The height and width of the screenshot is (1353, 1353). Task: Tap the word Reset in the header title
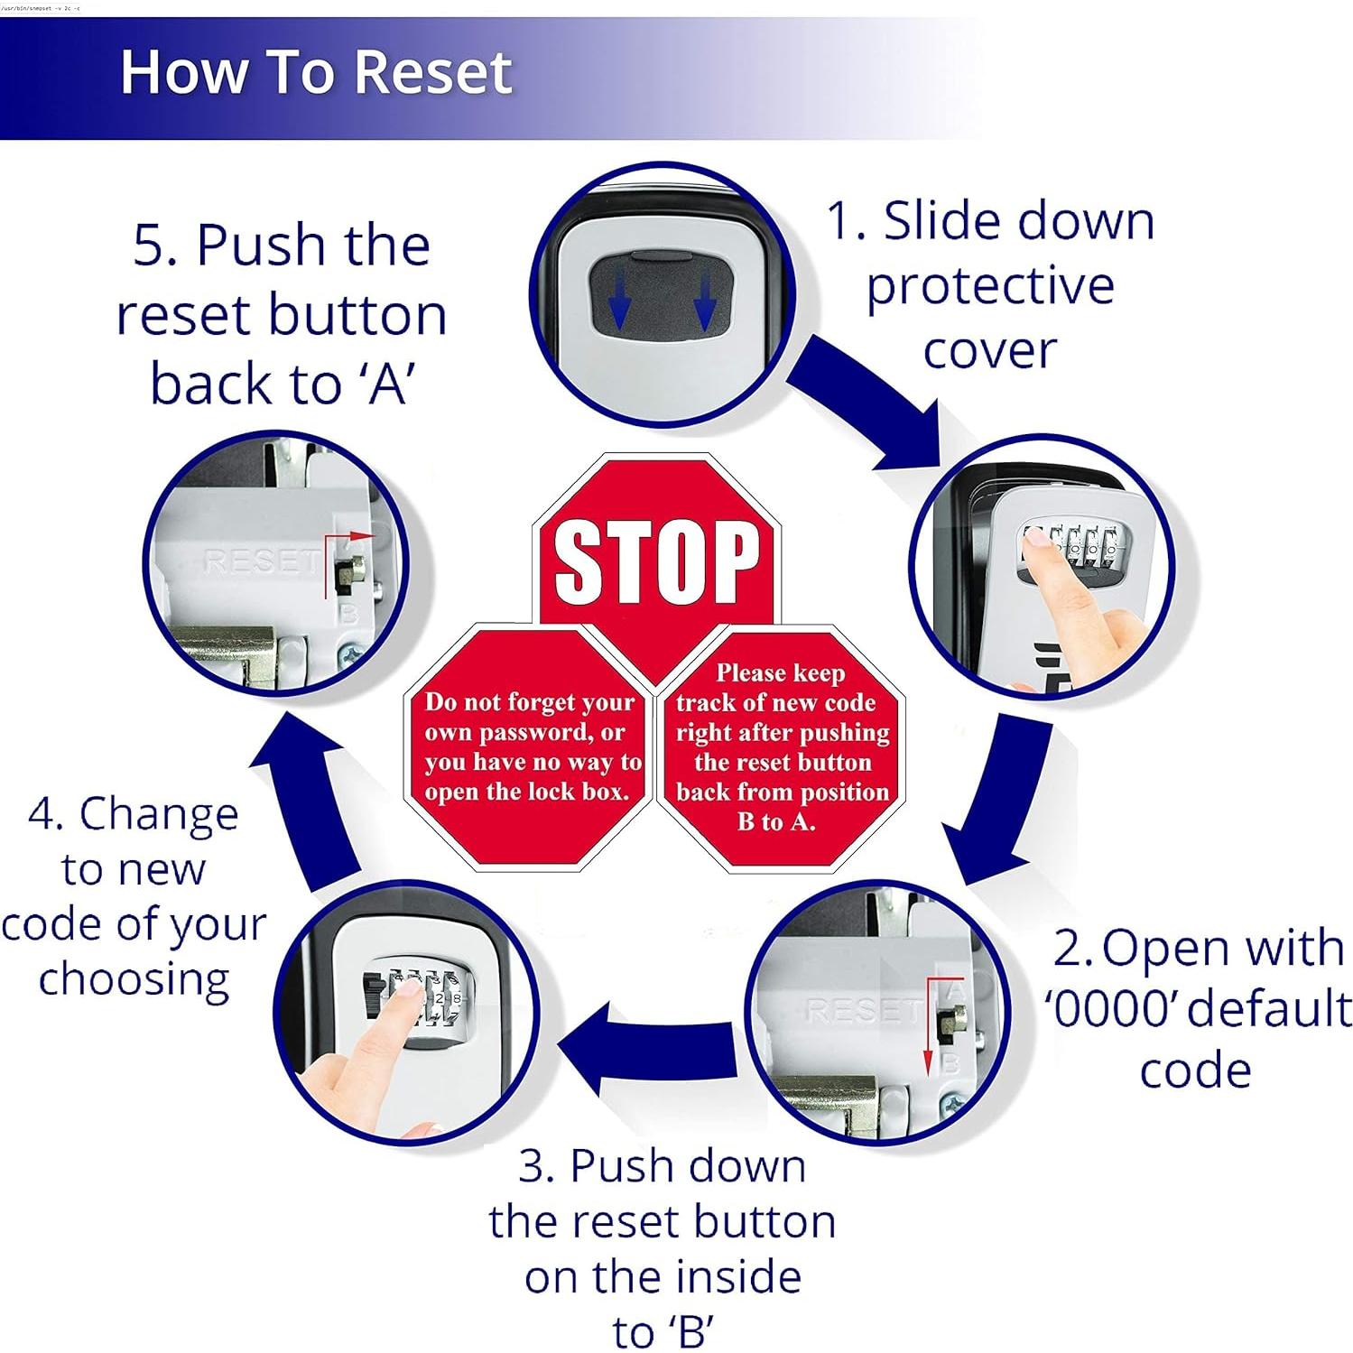tap(433, 71)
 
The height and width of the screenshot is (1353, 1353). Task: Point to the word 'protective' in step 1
tap(990, 287)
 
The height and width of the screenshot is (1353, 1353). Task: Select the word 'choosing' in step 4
tap(134, 980)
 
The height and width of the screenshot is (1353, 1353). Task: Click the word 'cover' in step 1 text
tap(989, 351)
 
